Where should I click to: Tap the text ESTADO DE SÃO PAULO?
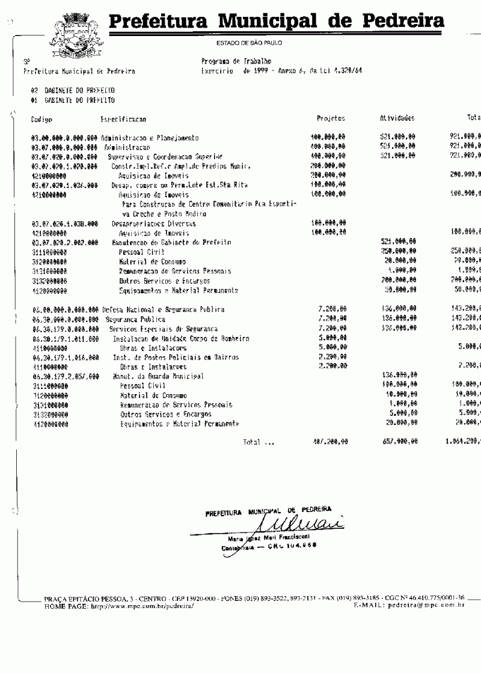[249, 43]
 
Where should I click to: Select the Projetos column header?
[330, 119]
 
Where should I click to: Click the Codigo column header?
[41, 120]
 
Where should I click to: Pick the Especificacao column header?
[123, 120]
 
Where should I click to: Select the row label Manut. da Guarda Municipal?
[158, 376]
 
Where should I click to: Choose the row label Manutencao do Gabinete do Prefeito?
[167, 243]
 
